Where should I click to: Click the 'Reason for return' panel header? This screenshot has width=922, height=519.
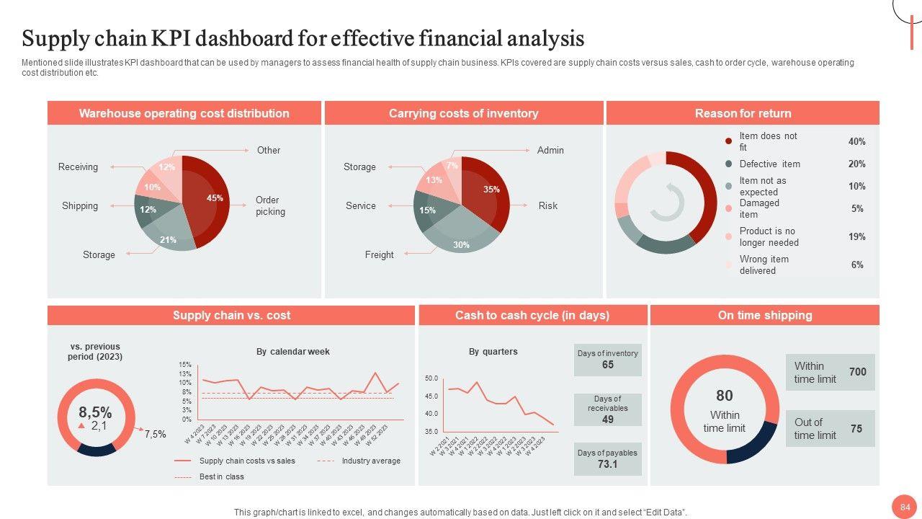pyautogui.click(x=743, y=113)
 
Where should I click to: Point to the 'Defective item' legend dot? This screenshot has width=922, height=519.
pyautogui.click(x=728, y=164)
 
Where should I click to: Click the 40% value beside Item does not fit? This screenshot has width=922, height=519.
pyautogui.click(x=856, y=142)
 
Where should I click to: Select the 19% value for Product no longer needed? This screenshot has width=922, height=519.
pyautogui.click(x=856, y=236)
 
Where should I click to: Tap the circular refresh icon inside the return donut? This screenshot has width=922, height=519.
pyautogui.click(x=667, y=202)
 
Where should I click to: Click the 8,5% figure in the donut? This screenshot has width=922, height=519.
pyautogui.click(x=95, y=412)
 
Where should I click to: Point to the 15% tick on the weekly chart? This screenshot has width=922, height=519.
pyautogui.click(x=185, y=365)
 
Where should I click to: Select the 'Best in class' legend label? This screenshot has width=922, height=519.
pyautogui.click(x=221, y=476)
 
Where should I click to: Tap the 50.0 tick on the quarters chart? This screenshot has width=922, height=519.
pyautogui.click(x=431, y=378)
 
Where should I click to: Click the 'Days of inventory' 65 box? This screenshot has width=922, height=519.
pyautogui.click(x=607, y=359)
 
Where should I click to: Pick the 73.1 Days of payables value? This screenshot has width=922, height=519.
pyautogui.click(x=607, y=464)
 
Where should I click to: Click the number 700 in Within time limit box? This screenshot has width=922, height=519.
pyautogui.click(x=857, y=372)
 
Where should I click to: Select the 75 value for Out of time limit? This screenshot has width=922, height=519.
pyautogui.click(x=856, y=428)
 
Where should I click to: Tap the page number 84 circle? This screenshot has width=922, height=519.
pyautogui.click(x=904, y=507)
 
